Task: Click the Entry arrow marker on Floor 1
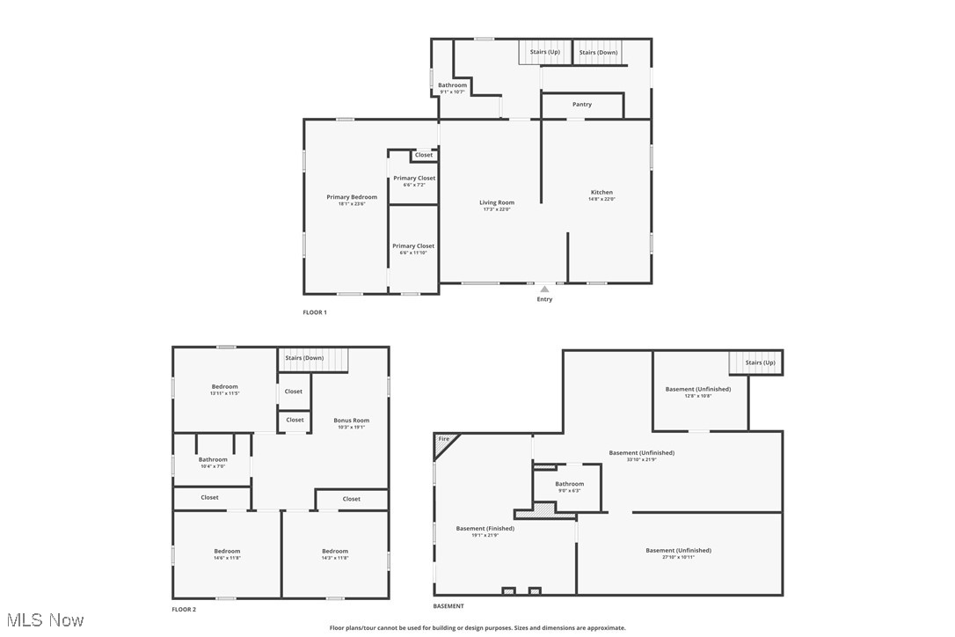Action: pyautogui.click(x=544, y=289)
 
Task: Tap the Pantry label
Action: pyautogui.click(x=582, y=105)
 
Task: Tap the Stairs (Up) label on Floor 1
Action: pyautogui.click(x=544, y=52)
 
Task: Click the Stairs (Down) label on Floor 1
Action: pyautogui.click(x=598, y=53)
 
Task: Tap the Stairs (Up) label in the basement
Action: pyautogui.click(x=761, y=362)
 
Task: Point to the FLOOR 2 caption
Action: pyautogui.click(x=184, y=609)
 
